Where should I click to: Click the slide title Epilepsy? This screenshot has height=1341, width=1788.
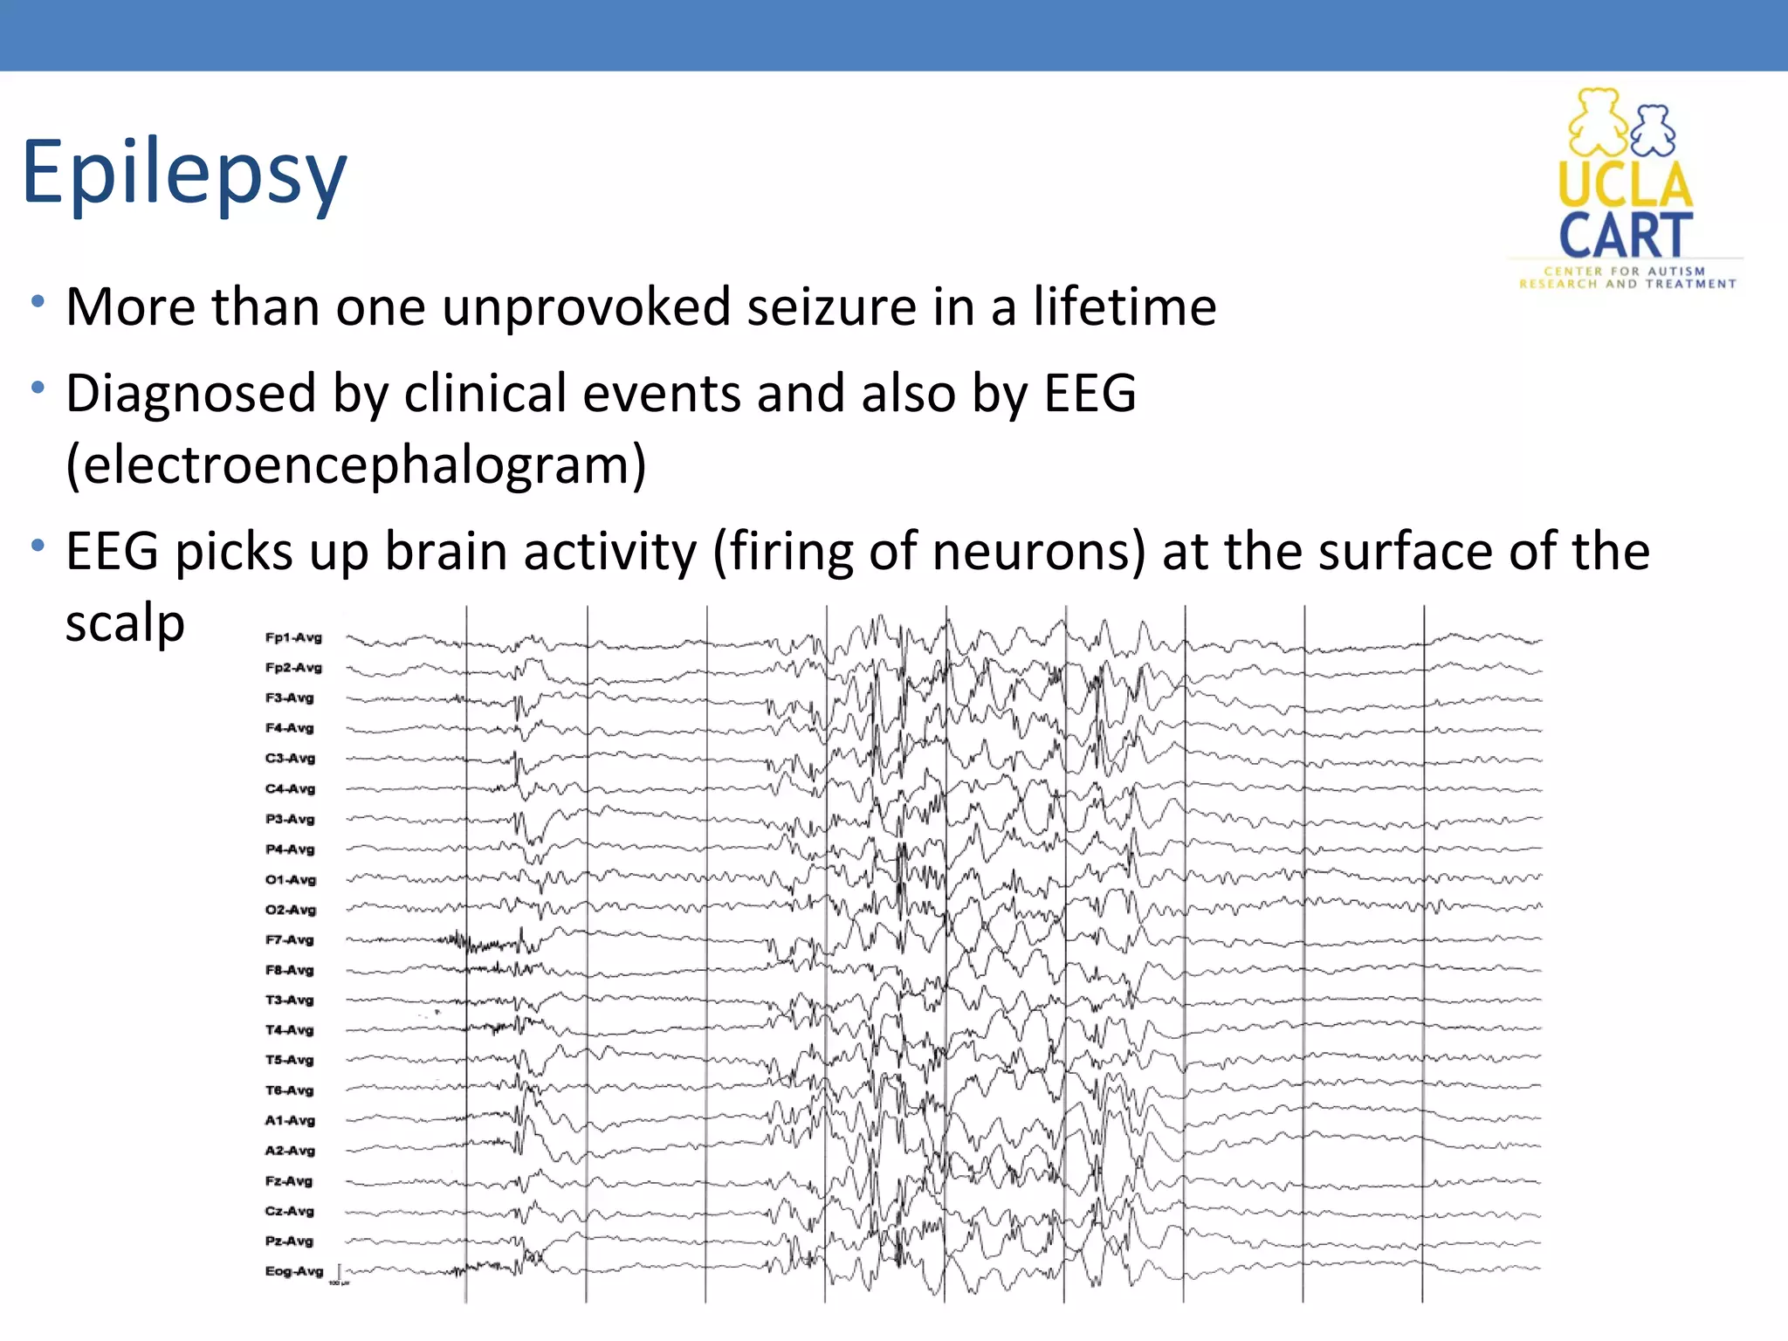[184, 173]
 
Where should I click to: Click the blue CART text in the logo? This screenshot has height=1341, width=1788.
[1626, 235]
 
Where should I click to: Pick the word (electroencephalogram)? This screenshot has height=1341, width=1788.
[356, 464]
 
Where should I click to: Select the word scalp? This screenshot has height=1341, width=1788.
[125, 623]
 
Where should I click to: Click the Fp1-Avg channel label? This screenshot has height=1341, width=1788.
[293, 638]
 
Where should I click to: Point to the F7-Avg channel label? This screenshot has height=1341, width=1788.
[289, 940]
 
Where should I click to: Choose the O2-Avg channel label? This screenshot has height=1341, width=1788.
[290, 910]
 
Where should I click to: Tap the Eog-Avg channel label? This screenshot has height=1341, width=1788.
[293, 1271]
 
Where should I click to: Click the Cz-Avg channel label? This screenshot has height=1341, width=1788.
[289, 1211]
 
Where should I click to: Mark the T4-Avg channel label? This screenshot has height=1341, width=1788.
[289, 1030]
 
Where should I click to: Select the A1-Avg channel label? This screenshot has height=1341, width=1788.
[289, 1121]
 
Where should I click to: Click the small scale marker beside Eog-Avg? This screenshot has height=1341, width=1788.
[340, 1274]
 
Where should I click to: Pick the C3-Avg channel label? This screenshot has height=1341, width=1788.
[289, 759]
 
